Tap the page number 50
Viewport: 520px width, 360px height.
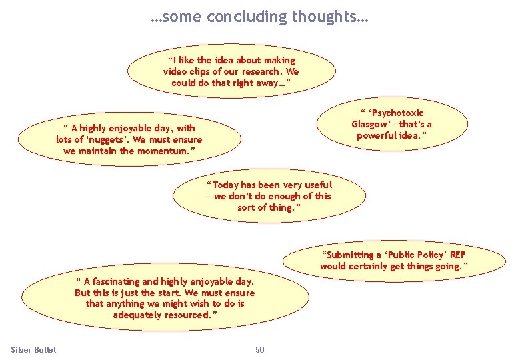click(260, 350)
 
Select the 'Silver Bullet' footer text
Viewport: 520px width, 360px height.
click(34, 350)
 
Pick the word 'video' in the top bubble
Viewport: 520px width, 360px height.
click(176, 71)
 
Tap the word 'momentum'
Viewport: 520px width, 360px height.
click(157, 151)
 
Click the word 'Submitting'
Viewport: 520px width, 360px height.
click(349, 255)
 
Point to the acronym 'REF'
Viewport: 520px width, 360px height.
click(457, 255)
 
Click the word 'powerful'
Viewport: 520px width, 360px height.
click(378, 136)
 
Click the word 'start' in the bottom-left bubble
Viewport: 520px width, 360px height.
click(169, 293)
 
